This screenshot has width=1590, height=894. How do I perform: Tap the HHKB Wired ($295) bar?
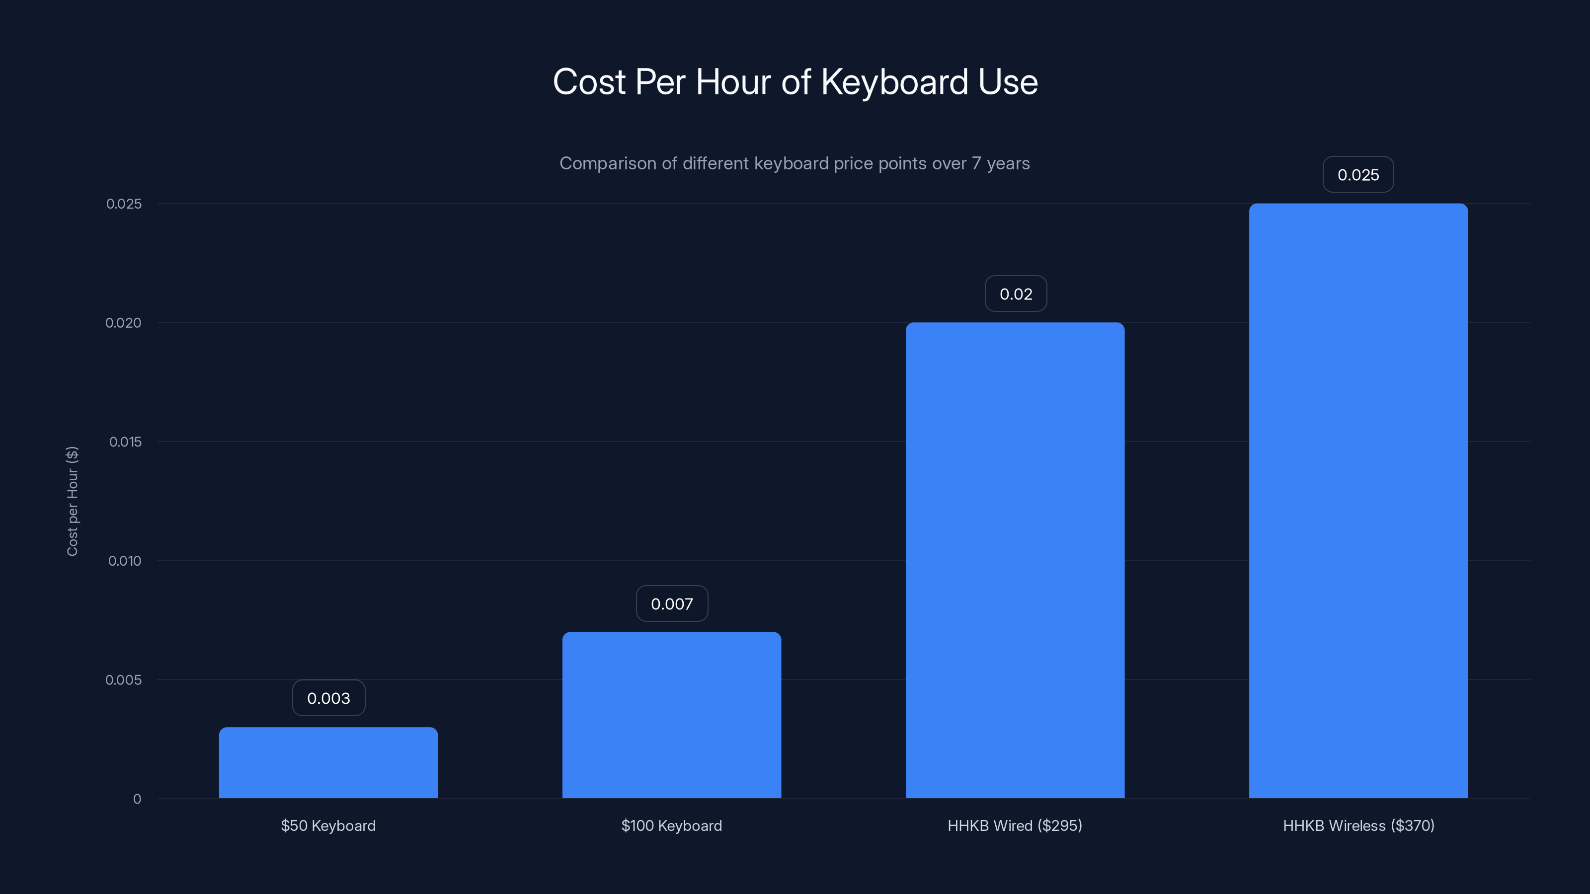click(x=1015, y=560)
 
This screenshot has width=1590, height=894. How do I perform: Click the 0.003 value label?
click(x=328, y=698)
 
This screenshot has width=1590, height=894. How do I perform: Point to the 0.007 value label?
click(x=672, y=603)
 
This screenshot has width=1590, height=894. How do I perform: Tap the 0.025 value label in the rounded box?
click(x=1358, y=175)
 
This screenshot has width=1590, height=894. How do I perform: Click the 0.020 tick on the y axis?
click(x=123, y=323)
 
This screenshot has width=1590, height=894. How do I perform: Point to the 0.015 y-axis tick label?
click(x=125, y=442)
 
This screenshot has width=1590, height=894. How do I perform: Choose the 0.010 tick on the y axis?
click(x=125, y=561)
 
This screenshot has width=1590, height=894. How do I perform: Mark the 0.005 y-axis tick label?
click(x=123, y=680)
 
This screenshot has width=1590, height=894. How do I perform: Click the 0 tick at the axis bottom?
click(x=137, y=799)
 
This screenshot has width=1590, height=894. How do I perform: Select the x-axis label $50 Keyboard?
click(x=328, y=825)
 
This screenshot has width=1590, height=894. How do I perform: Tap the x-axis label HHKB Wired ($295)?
click(x=1015, y=825)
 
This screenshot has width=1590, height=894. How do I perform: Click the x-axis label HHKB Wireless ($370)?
click(x=1358, y=825)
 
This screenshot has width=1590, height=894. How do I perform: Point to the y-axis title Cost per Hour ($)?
click(x=72, y=501)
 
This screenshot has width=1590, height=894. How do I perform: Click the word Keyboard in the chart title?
click(x=894, y=82)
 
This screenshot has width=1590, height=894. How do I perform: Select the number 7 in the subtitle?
click(x=976, y=163)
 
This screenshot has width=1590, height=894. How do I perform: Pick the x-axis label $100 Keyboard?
click(x=672, y=825)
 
